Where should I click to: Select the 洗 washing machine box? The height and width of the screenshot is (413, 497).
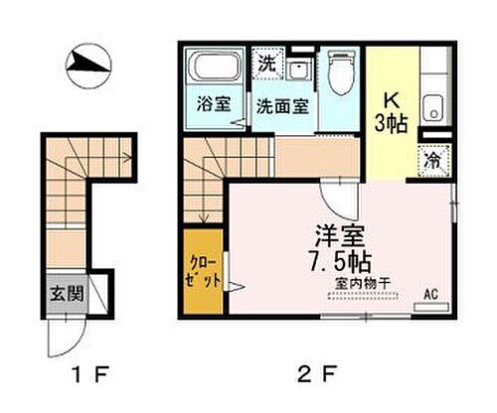[x=266, y=63]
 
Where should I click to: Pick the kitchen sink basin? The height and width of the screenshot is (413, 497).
[x=431, y=106]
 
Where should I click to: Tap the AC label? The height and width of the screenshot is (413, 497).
[x=431, y=295]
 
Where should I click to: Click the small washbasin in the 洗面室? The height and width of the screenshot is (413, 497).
[x=297, y=67]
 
